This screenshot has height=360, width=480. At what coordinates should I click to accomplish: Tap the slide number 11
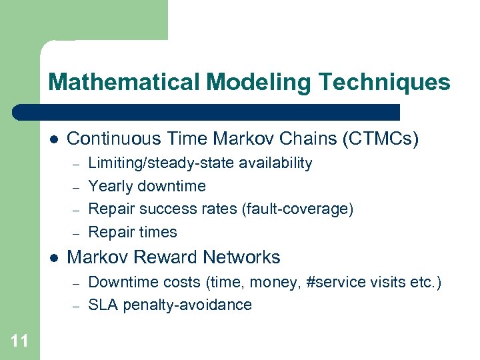(19, 342)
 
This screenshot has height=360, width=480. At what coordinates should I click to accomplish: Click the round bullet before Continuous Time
(53, 139)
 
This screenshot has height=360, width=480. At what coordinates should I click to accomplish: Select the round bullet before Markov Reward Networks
(53, 257)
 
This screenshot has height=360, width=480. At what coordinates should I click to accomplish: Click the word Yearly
(109, 186)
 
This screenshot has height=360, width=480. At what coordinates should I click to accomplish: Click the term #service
(333, 282)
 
